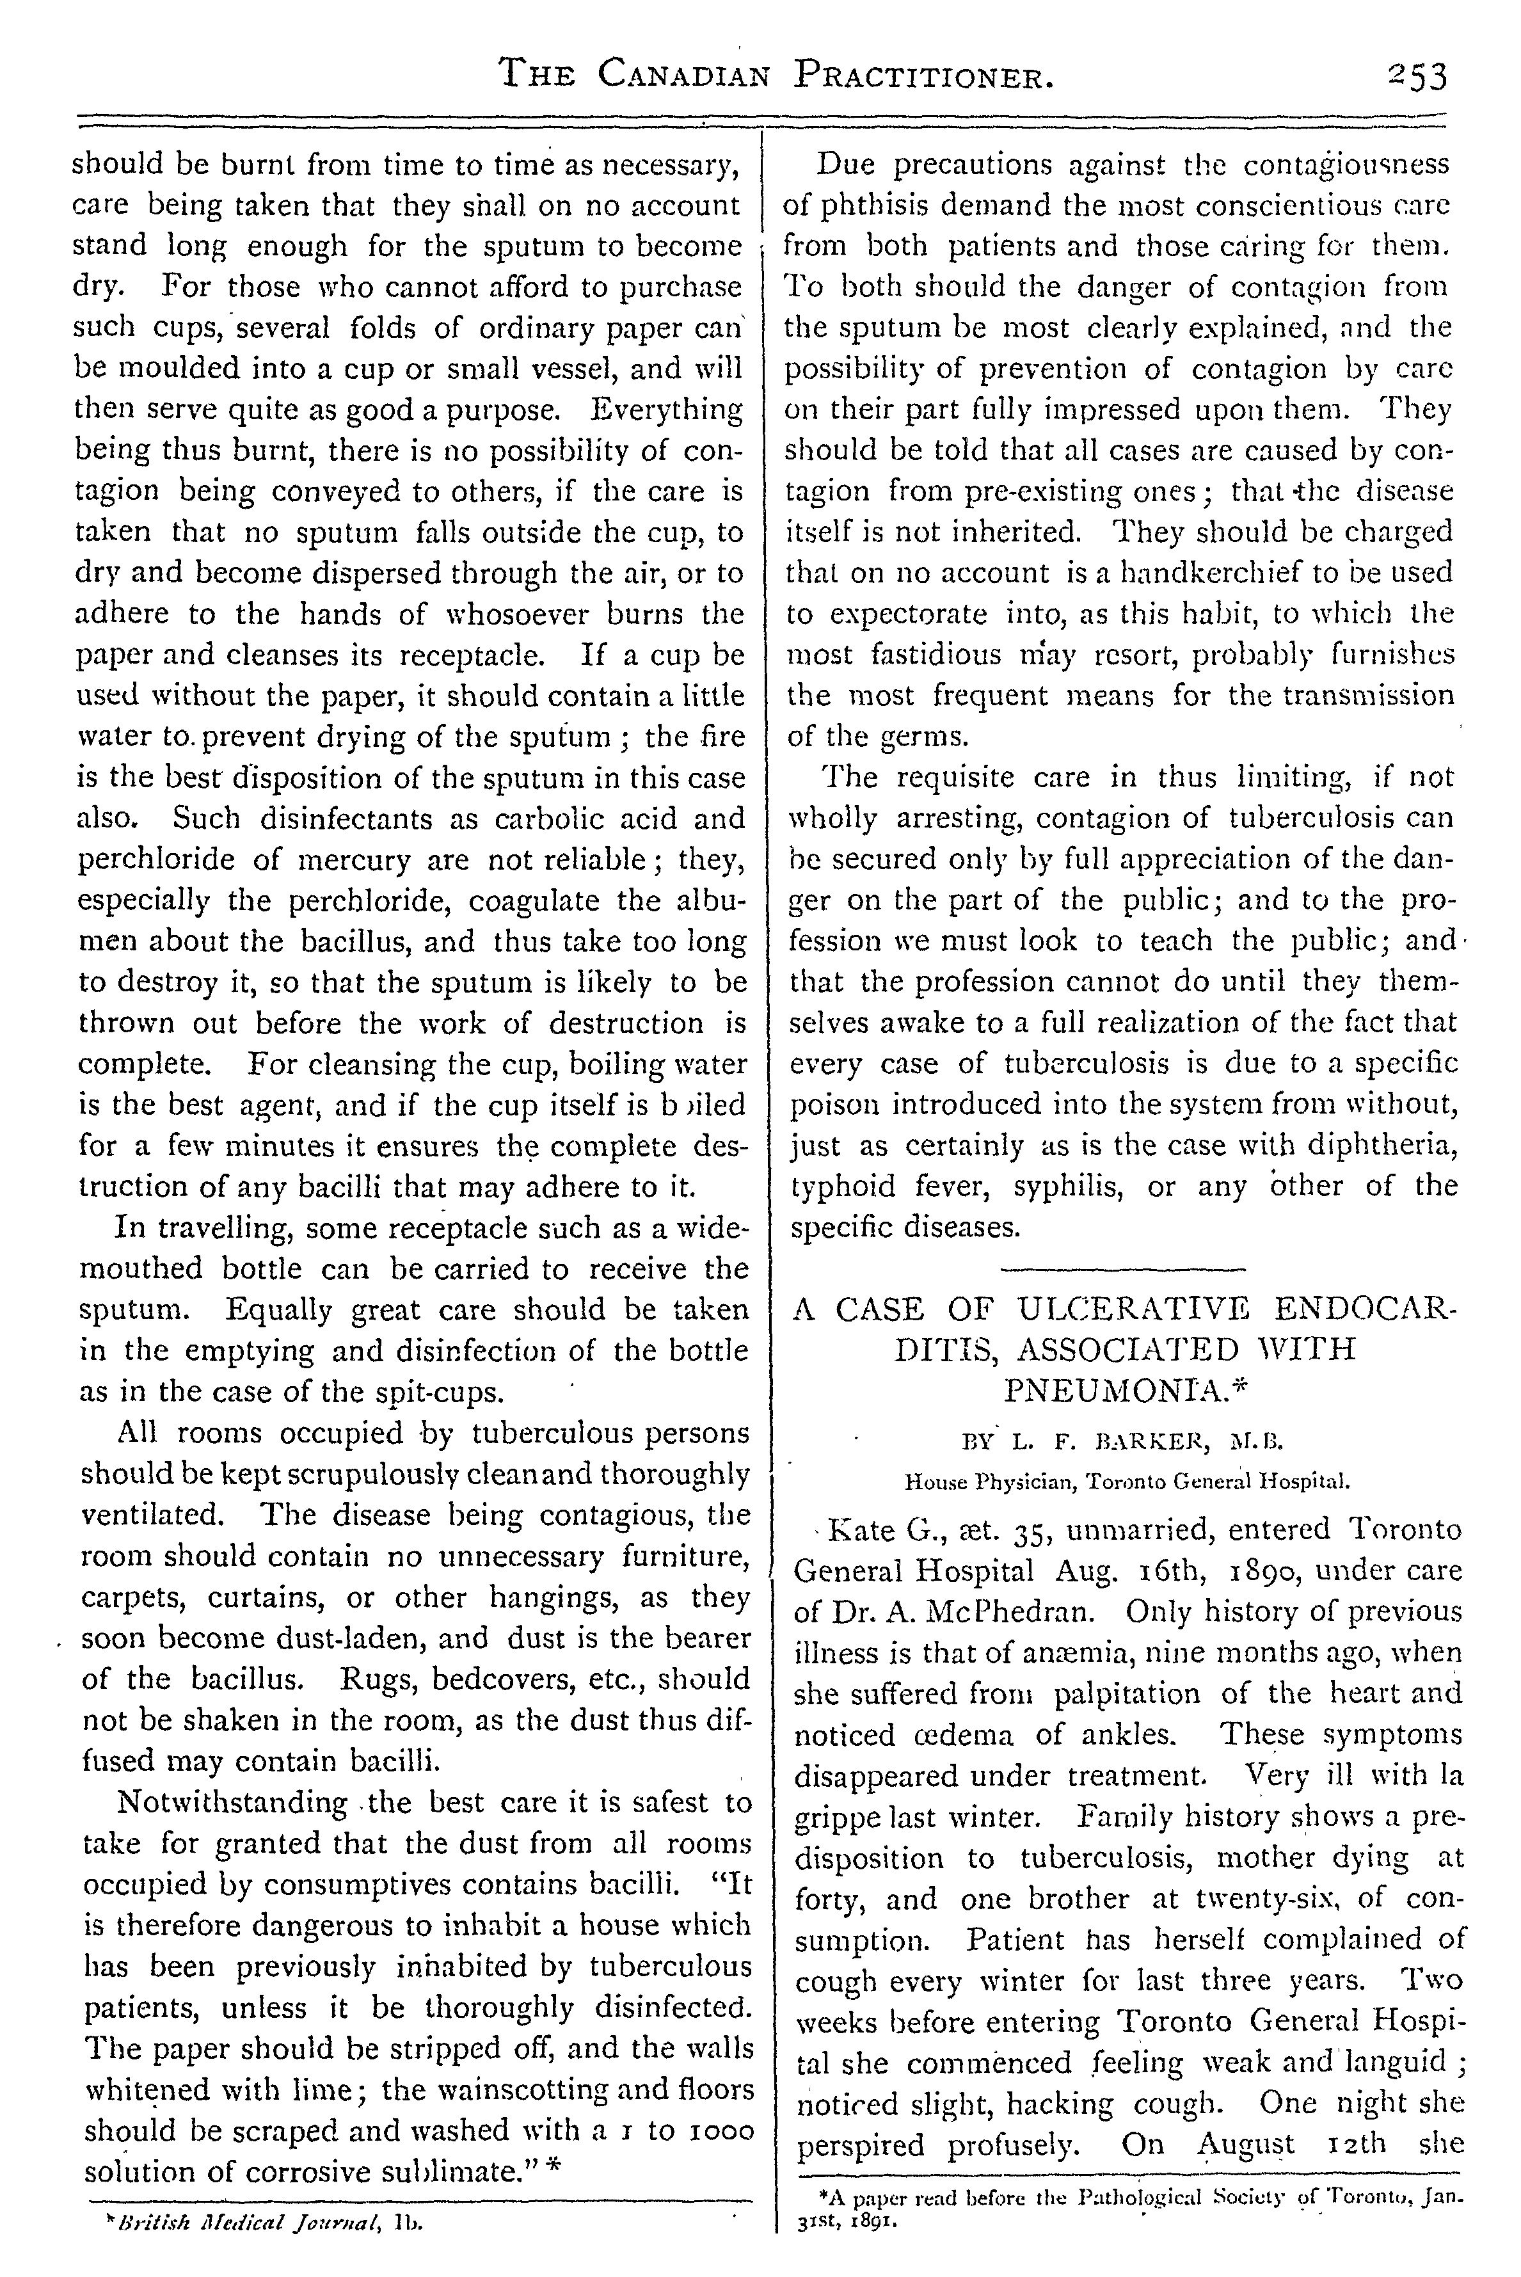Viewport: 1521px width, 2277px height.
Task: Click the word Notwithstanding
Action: click(x=233, y=1803)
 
